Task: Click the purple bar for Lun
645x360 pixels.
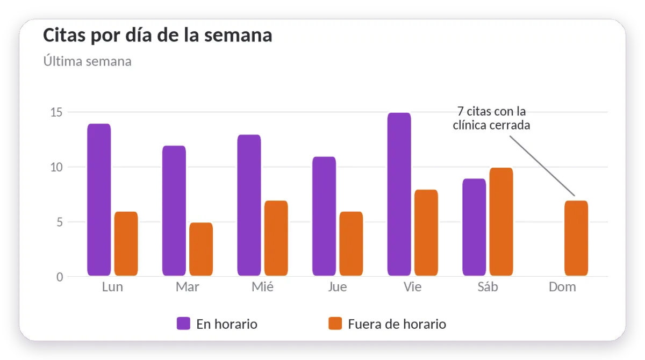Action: click(99, 200)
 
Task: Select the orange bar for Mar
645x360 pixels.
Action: click(201, 249)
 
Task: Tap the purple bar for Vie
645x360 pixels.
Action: click(399, 195)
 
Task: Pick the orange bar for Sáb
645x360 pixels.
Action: click(501, 221)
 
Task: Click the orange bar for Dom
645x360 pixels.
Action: click(576, 238)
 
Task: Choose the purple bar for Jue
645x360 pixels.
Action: click(324, 216)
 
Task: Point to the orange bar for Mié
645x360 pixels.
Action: click(276, 238)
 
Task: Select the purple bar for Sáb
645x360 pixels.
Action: click(474, 227)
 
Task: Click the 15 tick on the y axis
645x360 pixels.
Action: click(56, 112)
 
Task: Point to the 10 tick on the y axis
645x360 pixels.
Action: click(56, 167)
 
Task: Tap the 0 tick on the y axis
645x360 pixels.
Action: click(60, 277)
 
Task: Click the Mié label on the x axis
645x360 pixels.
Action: click(263, 287)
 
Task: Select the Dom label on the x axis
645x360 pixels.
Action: click(562, 287)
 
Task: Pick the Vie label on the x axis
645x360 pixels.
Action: click(412, 287)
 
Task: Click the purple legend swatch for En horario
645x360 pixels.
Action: click(183, 323)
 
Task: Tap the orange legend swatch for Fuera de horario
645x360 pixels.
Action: click(335, 323)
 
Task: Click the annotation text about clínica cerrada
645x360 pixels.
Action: click(491, 118)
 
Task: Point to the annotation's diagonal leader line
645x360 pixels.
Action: click(542, 166)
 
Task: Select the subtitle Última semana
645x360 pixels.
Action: click(88, 61)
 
